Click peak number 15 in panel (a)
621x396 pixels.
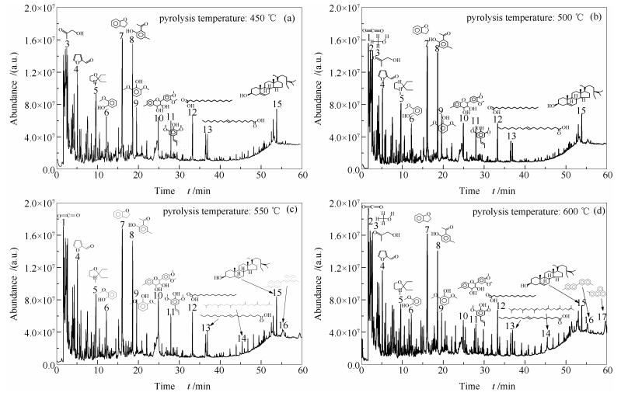click(277, 103)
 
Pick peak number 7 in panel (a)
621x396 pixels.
click(122, 36)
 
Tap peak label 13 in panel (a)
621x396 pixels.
click(208, 130)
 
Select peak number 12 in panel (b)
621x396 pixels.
click(497, 119)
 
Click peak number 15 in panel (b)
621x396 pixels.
click(581, 111)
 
